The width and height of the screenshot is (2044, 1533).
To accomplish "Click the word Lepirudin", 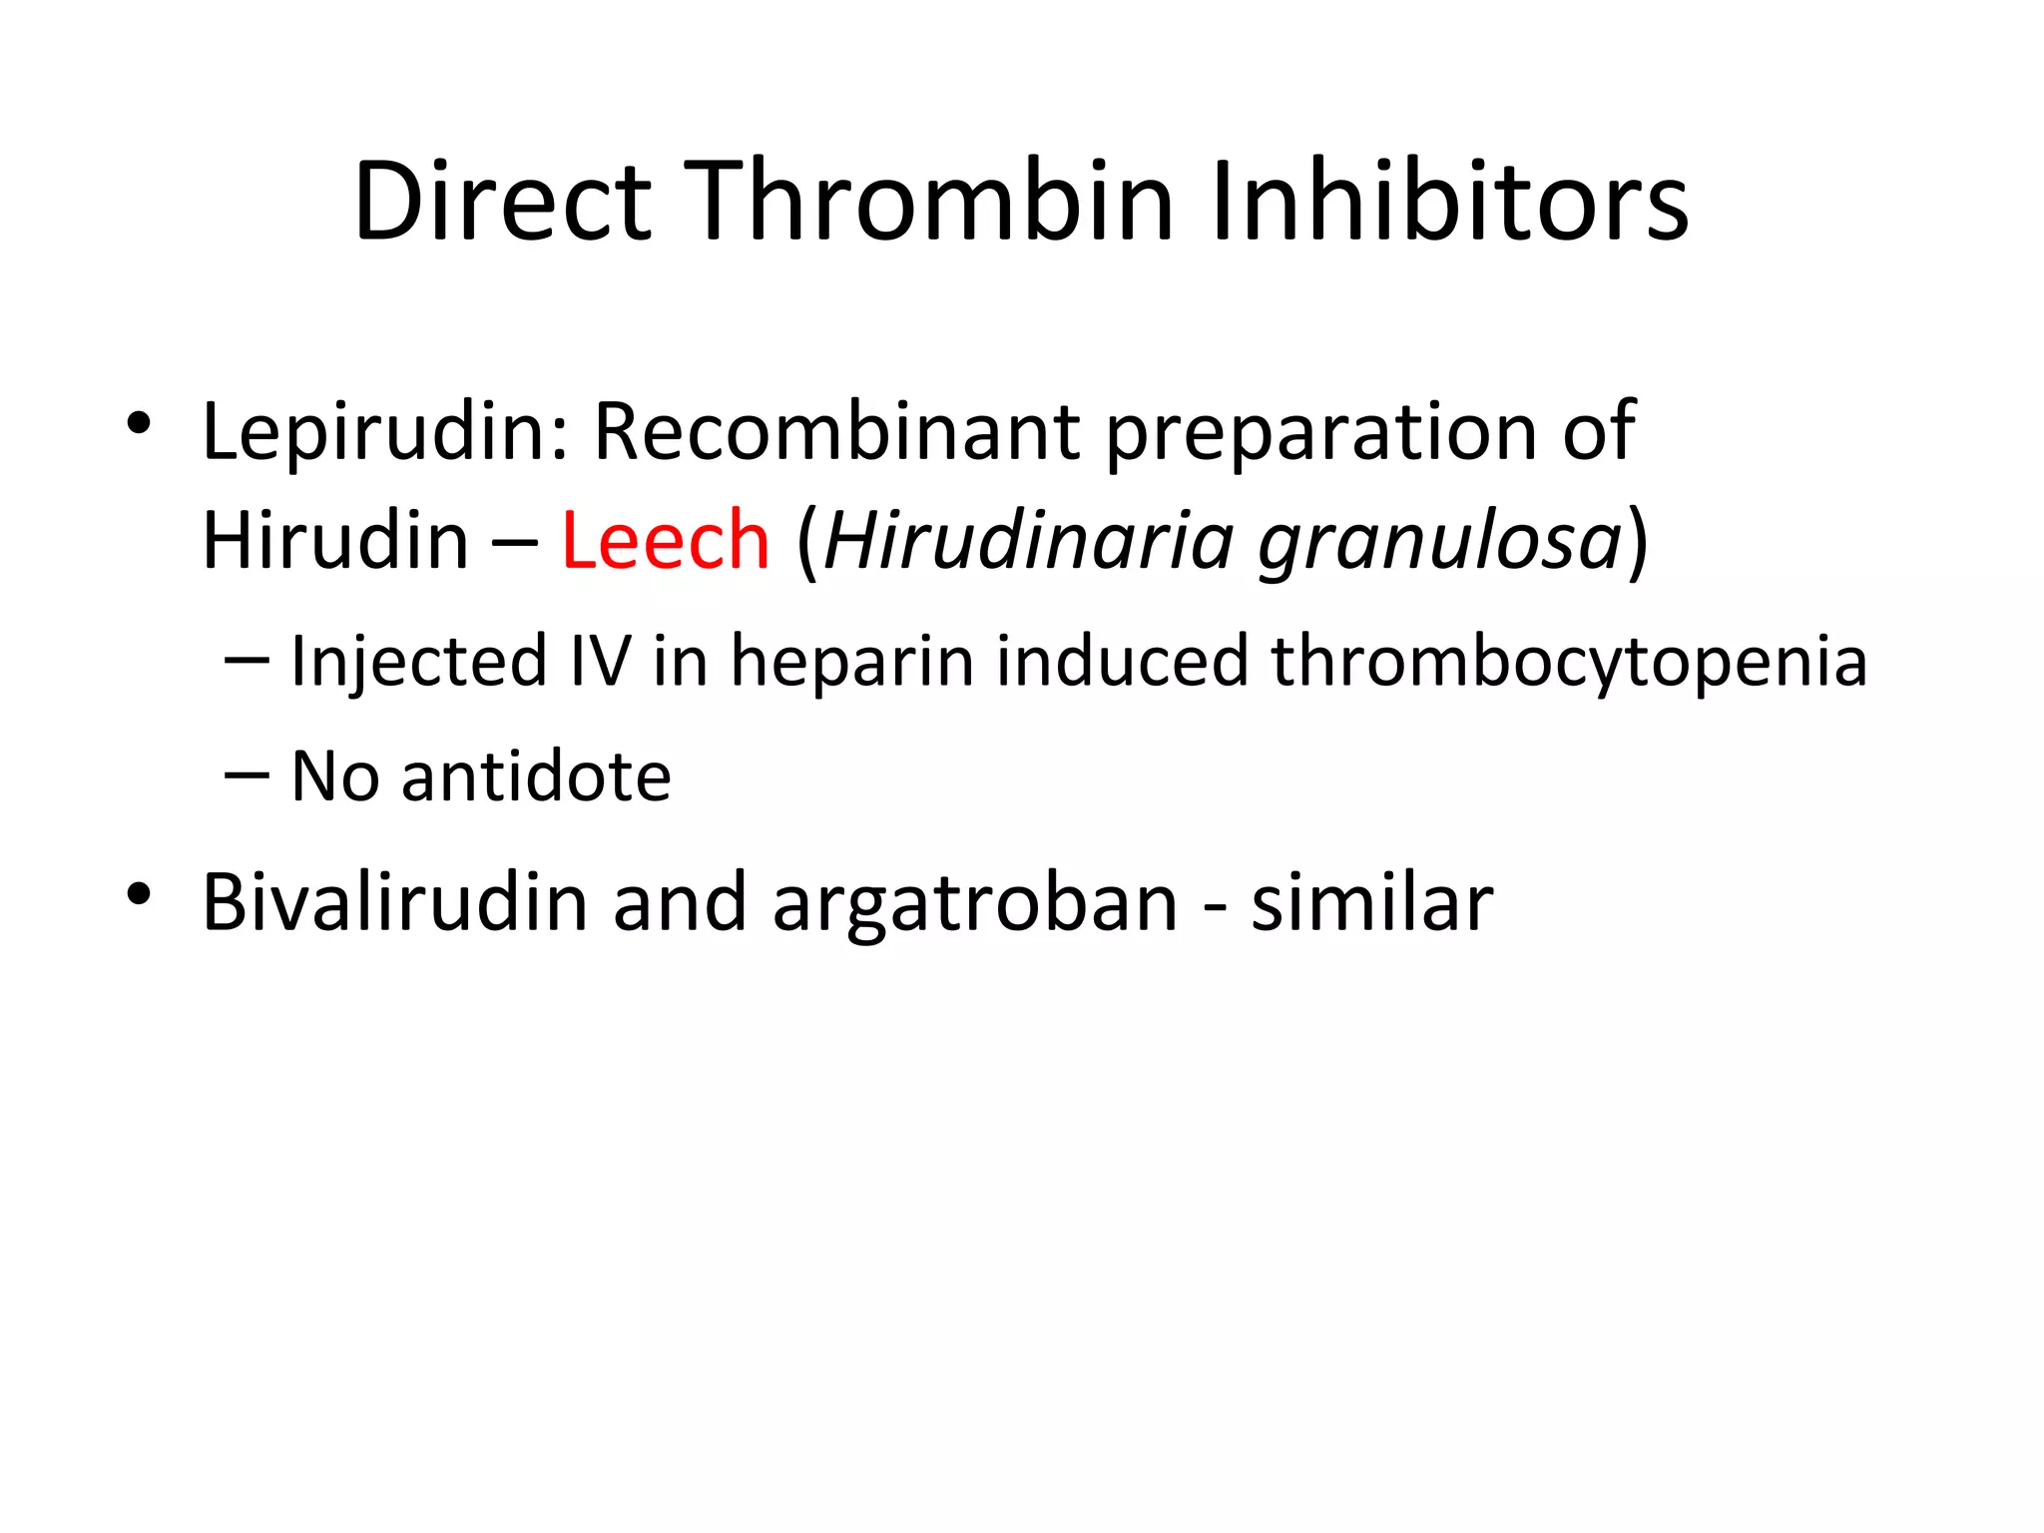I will [385, 432].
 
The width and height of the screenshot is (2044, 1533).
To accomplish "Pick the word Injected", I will [418, 663].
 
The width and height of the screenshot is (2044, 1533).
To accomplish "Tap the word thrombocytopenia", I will [1568, 663].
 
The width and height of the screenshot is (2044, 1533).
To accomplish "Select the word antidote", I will [536, 776].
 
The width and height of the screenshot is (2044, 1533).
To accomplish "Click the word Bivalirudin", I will [395, 902].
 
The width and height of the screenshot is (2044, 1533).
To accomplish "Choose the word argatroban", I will [975, 904].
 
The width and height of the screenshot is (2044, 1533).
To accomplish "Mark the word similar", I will [1372, 902].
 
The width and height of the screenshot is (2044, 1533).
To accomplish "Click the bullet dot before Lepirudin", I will [139, 424].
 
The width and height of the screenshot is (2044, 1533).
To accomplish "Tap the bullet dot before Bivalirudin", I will [139, 894].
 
